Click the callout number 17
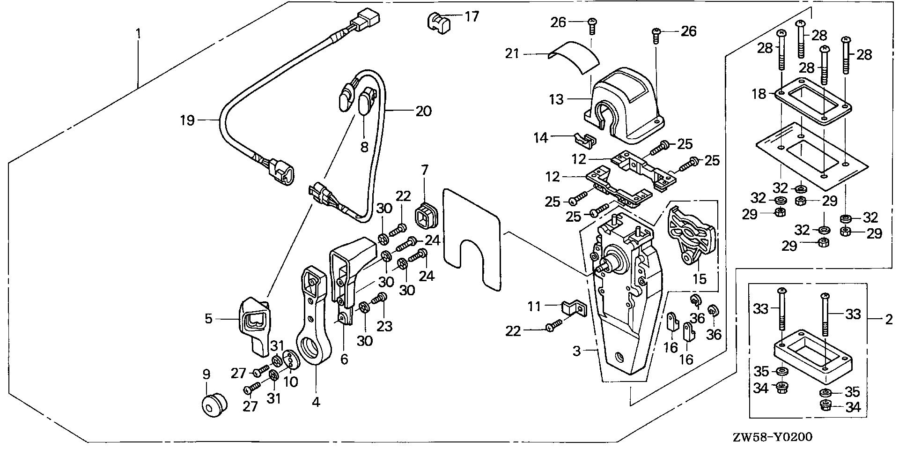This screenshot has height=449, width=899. pyautogui.click(x=472, y=17)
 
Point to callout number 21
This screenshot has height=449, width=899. pyautogui.click(x=512, y=54)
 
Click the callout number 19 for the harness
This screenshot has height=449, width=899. pyautogui.click(x=187, y=121)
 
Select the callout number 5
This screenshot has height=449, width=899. pyautogui.click(x=208, y=320)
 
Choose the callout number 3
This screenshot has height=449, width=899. pyautogui.click(x=577, y=351)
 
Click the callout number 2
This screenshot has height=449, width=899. pyautogui.click(x=888, y=321)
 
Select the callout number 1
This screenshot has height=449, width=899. pyautogui.click(x=138, y=34)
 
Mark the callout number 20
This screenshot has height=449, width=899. pyautogui.click(x=423, y=112)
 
